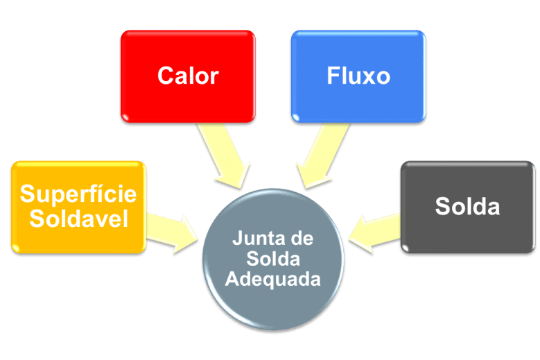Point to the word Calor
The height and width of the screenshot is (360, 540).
pos(188,75)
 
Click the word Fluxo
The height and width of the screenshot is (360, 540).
pos(358,75)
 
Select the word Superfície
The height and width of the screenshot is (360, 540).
pos(78,194)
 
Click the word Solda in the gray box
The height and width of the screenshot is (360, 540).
pos(467,206)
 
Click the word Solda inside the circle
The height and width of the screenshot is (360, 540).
pos(272,259)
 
